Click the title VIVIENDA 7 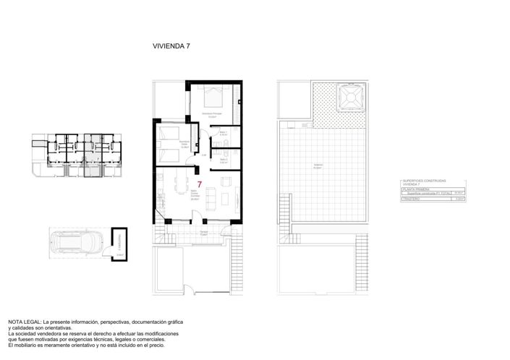pyautogui.click(x=171, y=46)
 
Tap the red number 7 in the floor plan pyautogui.click(x=200, y=185)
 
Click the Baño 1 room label pyautogui.click(x=224, y=133)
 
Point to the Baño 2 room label pyautogui.click(x=224, y=161)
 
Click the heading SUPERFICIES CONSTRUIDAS pyautogui.click(x=424, y=181)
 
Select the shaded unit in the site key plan pyautogui.click(x=90, y=154)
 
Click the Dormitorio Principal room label pyautogui.click(x=211, y=113)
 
